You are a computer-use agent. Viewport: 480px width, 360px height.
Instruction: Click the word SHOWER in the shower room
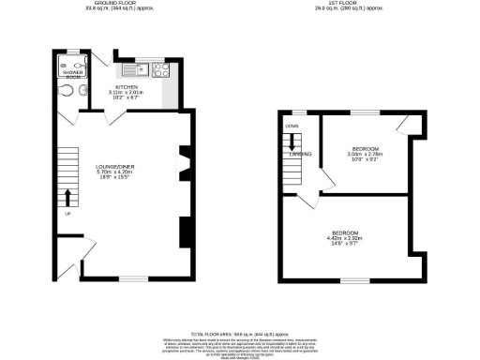coord(73,72)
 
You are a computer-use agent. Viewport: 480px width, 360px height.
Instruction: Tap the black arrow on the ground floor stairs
coord(67,196)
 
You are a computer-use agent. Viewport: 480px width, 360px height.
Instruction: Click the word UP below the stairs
coord(67,214)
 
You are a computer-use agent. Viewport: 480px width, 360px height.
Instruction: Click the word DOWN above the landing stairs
coord(292,126)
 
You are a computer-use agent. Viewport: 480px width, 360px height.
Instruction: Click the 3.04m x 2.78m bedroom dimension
coord(366,156)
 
